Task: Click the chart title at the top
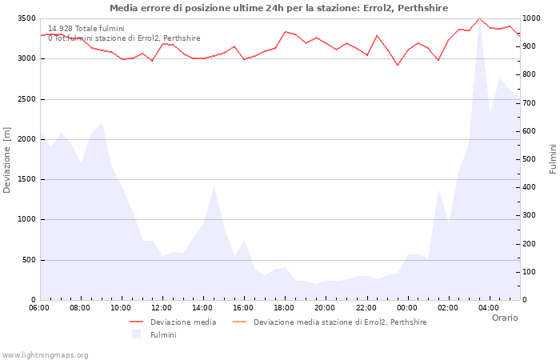tap(278, 8)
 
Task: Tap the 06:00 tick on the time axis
tap(39, 307)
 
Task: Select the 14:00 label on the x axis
tap(202, 307)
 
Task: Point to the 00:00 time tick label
tap(407, 307)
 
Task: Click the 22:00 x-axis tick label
tap(366, 307)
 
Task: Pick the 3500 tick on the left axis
tap(26, 18)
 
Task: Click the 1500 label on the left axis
tap(26, 179)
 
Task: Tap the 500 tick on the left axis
tap(28, 260)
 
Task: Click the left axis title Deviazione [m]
tap(7, 159)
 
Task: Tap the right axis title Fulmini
tap(553, 159)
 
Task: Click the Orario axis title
tap(505, 318)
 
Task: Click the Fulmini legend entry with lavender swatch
tap(162, 334)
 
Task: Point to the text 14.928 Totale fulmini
tap(86, 29)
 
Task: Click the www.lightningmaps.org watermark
tap(46, 355)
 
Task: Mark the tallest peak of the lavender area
tap(479, 24)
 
